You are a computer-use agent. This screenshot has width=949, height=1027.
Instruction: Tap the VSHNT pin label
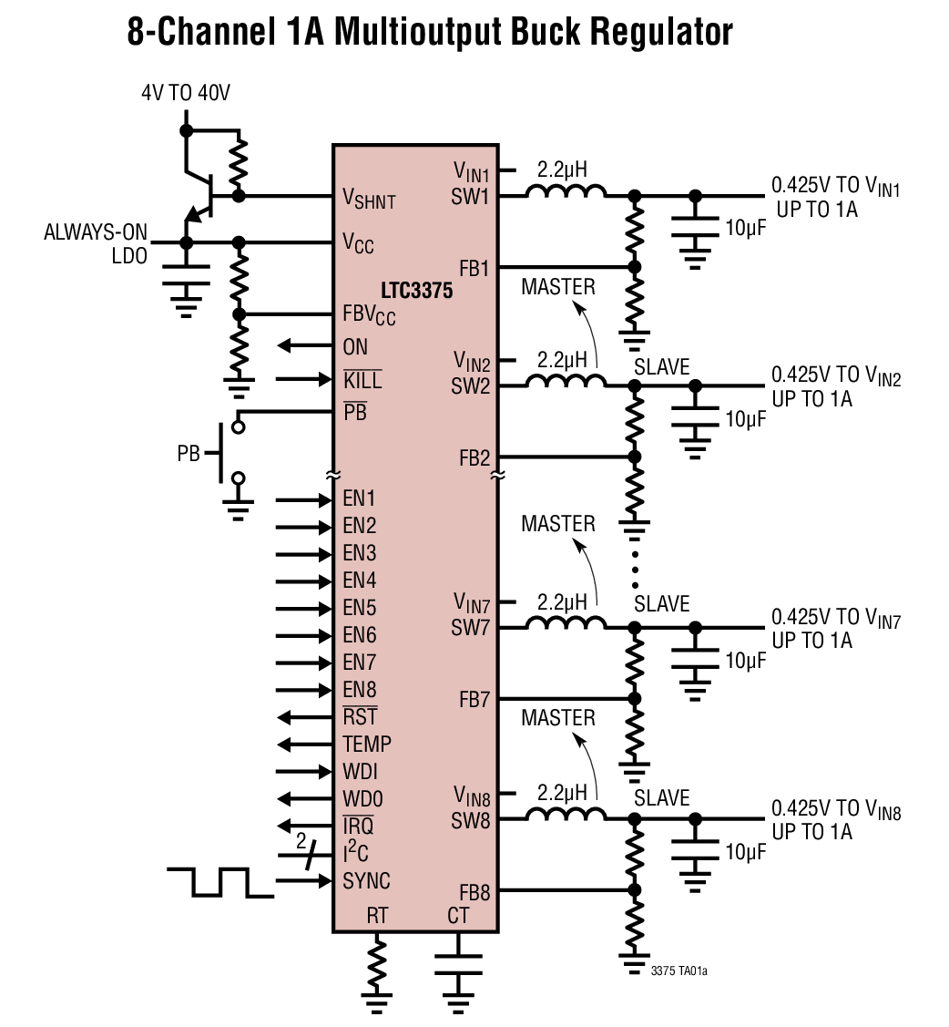369,198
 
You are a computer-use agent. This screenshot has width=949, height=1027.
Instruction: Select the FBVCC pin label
369,315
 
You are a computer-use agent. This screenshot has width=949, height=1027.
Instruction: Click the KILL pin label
362,379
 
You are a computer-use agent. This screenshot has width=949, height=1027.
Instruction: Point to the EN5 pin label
360,608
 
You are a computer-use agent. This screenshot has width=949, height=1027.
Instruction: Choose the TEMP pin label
367,745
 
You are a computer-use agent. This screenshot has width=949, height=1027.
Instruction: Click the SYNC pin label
366,881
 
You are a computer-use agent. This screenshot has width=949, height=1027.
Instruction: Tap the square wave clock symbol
220,881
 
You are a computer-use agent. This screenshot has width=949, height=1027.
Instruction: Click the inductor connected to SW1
566,192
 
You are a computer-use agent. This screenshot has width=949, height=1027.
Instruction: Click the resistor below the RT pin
377,967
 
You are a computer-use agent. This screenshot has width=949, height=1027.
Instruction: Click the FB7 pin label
474,700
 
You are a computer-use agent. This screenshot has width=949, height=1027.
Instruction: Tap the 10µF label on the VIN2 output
745,419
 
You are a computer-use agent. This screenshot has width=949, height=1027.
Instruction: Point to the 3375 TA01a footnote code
679,971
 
